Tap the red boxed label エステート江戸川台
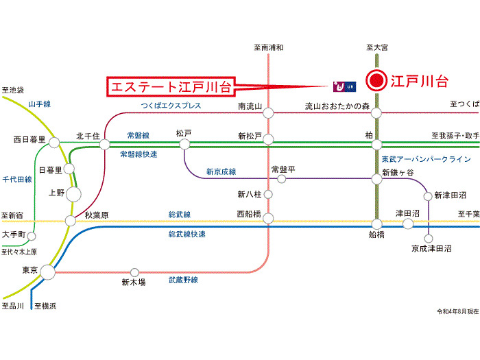pos(169,87)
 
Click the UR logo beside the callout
pos(344,86)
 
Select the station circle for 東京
pos(47,272)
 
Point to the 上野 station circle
pos(73,194)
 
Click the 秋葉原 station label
pos(97,215)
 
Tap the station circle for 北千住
pos(105,144)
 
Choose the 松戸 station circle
pos(184,144)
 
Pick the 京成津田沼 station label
pos(431,248)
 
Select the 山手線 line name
pos(39,104)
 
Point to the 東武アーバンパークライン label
pos(426,159)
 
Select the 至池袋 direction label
pos(13,90)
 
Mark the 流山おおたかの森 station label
pos(337,106)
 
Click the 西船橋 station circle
pos(268,219)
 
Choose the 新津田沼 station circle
pos(429,196)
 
